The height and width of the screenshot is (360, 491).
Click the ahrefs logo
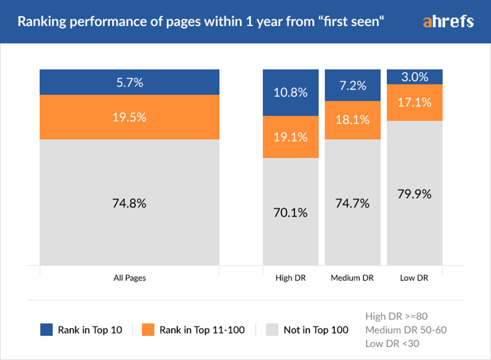click(x=448, y=22)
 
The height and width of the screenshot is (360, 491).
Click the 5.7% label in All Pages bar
click(x=129, y=83)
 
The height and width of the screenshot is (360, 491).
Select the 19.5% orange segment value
click(x=129, y=117)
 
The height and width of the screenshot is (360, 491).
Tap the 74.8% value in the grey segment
click(x=129, y=203)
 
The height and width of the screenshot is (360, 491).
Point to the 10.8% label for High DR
click(x=291, y=92)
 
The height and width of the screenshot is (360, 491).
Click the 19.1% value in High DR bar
click(x=291, y=137)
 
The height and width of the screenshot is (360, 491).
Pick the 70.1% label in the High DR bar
click(x=291, y=212)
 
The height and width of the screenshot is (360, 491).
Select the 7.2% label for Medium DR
click(x=353, y=86)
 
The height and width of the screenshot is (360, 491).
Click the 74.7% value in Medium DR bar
click(x=353, y=203)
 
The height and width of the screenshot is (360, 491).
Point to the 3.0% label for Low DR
click(x=415, y=77)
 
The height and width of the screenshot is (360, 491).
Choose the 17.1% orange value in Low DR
click(x=415, y=103)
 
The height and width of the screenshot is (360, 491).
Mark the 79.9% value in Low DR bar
click(x=415, y=194)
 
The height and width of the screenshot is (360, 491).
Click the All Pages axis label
click(x=129, y=278)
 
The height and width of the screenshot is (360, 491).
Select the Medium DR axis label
click(x=352, y=278)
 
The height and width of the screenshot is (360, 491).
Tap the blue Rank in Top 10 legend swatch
click(x=47, y=329)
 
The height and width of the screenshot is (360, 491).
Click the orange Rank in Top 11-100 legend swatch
click(x=148, y=329)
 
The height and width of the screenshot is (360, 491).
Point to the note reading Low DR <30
click(x=393, y=343)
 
